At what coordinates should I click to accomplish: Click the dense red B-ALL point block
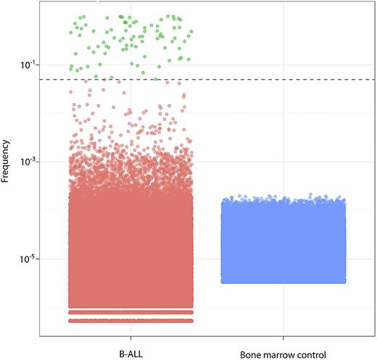coord(130,246)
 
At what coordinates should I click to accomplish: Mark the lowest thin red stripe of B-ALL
coord(130,320)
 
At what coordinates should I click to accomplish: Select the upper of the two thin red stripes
coord(130,312)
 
